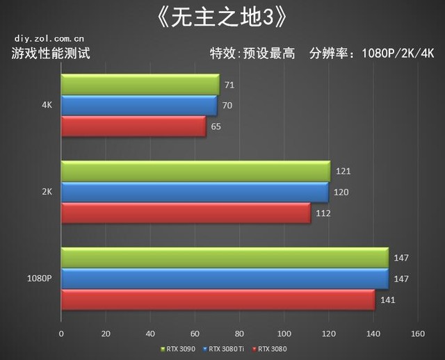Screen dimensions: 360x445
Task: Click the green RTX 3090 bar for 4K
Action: [x=140, y=85]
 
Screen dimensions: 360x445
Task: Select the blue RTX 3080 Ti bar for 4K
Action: [x=138, y=106]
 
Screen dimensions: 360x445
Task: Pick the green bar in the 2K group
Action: [x=195, y=171]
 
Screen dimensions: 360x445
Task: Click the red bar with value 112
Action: [x=186, y=213]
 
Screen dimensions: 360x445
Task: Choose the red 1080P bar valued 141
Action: [x=218, y=300]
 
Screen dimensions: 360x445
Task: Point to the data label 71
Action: [x=227, y=85]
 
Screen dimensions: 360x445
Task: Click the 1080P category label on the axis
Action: [x=39, y=279]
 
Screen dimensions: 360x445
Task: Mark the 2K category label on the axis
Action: [x=47, y=193]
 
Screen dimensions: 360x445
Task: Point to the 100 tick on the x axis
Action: [x=284, y=334]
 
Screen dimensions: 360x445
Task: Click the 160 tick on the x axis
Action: [x=417, y=334]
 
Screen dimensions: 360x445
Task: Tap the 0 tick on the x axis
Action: [x=61, y=334]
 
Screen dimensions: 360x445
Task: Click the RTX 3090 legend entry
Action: [x=178, y=349]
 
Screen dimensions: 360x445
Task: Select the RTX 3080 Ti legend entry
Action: [x=226, y=349]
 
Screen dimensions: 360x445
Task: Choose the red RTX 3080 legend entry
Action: [x=270, y=349]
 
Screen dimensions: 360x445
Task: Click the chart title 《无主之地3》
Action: [x=222, y=15]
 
